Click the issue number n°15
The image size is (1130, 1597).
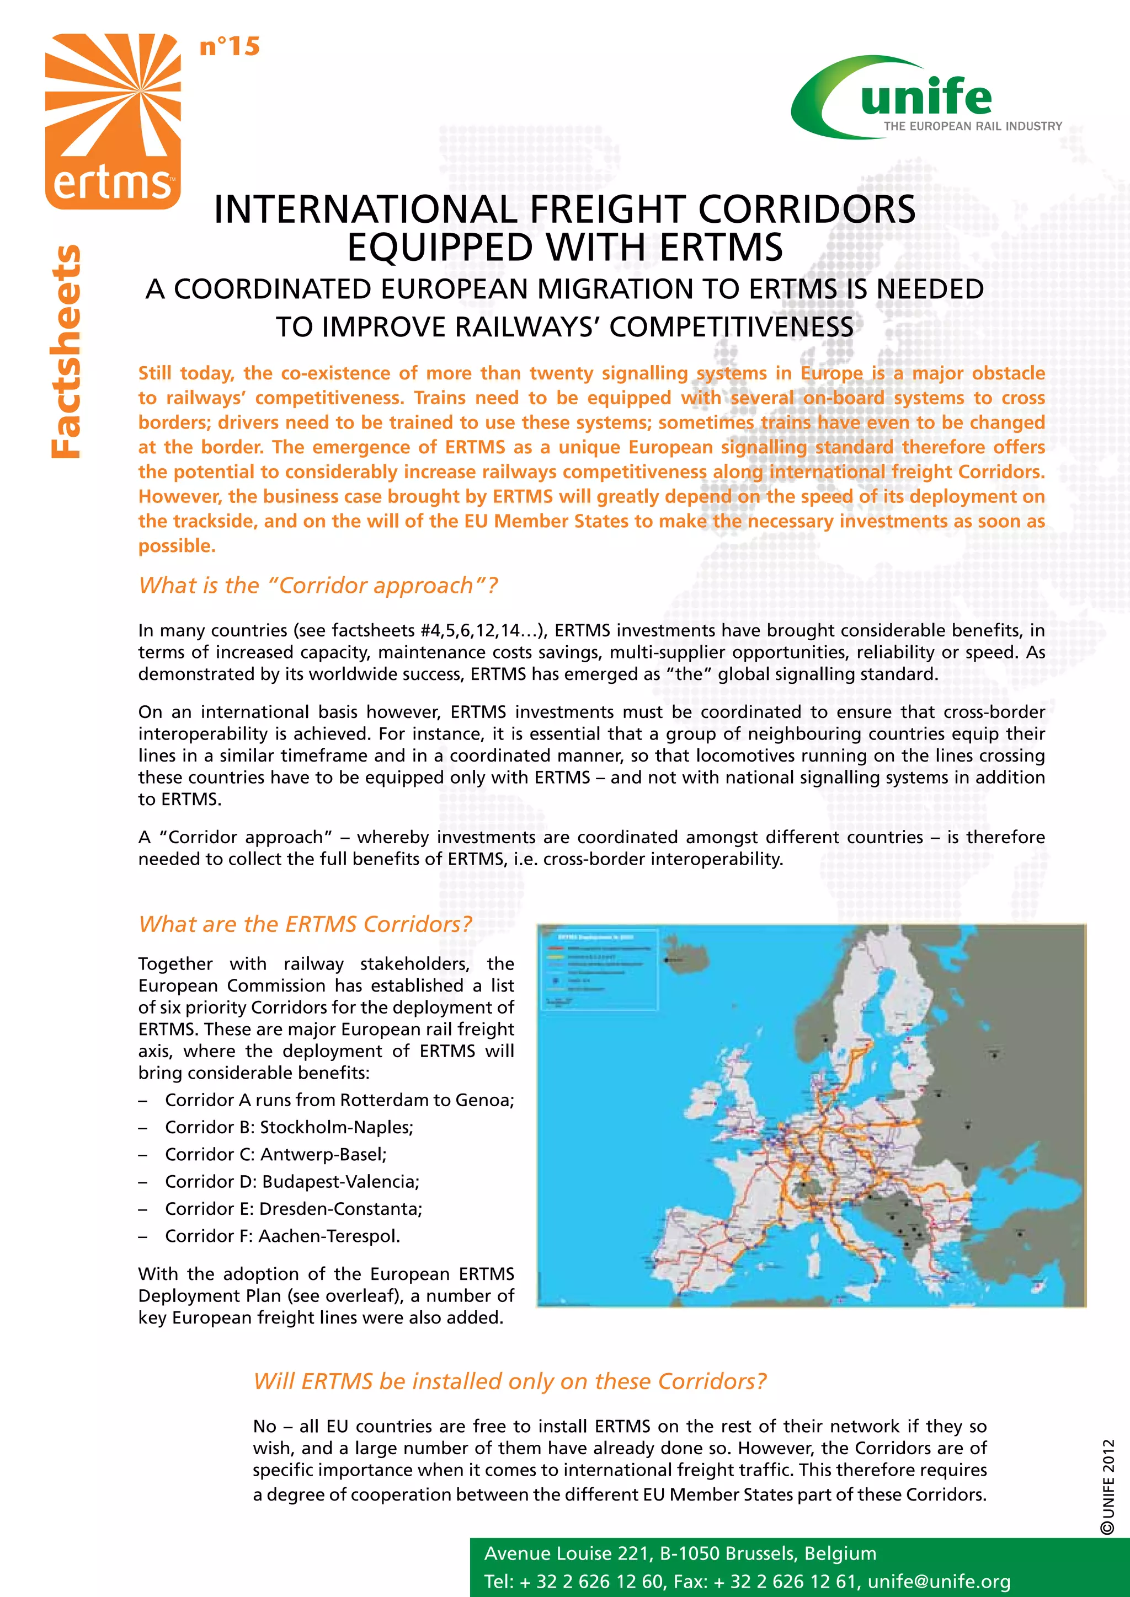[x=229, y=47]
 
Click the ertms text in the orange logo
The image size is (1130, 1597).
[x=111, y=183]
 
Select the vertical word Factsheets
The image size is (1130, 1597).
[x=66, y=351]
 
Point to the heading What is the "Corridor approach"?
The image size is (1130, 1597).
[x=318, y=586]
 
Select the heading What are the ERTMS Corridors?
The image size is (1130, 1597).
[x=305, y=924]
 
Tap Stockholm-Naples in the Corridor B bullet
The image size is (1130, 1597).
[x=336, y=1127]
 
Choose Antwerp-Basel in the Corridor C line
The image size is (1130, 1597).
[x=323, y=1154]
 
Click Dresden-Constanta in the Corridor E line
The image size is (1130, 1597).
[x=340, y=1208]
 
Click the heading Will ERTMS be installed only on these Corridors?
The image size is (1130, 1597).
[x=509, y=1381]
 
